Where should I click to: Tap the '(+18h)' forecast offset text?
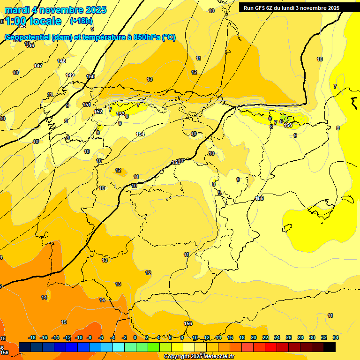pos(81,21)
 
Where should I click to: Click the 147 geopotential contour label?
pos(38,66)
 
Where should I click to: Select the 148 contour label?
pos(61,61)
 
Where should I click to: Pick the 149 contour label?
pos(70,75)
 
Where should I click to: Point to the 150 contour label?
pos(90,76)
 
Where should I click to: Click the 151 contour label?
pos(87,105)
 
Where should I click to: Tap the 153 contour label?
pos(120,114)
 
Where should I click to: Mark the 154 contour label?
pos(140,135)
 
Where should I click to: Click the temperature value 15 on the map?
pos(64,322)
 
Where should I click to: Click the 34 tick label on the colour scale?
pos(335,337)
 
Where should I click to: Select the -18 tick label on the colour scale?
pos(32,337)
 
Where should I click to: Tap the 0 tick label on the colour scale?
pos(135,337)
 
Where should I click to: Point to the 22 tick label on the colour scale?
pos(265,337)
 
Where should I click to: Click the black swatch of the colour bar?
pos(330,347)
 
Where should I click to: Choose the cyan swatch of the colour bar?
pos(118,347)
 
